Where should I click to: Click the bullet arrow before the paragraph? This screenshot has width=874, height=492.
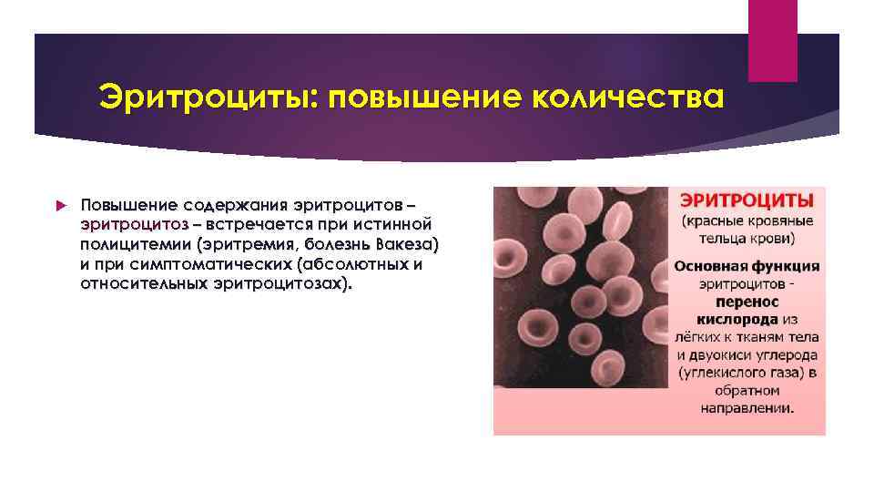(60, 207)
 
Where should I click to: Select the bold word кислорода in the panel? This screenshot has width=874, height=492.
(738, 320)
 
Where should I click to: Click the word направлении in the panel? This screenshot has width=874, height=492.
(747, 408)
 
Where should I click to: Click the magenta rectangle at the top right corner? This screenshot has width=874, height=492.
(772, 40)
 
